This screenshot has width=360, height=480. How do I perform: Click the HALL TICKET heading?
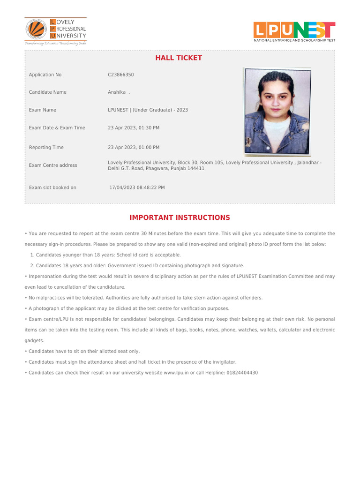[x=179, y=58]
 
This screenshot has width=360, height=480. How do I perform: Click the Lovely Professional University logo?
[x=56, y=31]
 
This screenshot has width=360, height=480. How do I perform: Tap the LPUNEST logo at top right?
[x=294, y=31]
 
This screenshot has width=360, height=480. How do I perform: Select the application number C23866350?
[x=121, y=75]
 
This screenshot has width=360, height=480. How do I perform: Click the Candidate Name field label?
[x=47, y=92]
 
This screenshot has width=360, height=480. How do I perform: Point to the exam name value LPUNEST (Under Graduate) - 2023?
[x=148, y=110]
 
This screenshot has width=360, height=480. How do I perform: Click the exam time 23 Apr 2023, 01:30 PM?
[x=134, y=127]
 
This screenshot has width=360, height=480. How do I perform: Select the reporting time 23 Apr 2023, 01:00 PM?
[x=134, y=147]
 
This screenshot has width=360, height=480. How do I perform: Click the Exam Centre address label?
[x=53, y=165]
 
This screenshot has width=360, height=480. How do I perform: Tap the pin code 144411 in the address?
[x=196, y=168]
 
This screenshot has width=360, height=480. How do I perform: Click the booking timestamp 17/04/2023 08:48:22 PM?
[x=137, y=187]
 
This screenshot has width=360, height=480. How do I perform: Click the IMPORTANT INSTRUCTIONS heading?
[x=180, y=217]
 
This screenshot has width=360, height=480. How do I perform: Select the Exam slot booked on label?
[x=52, y=187]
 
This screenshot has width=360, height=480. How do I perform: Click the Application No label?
[x=45, y=75]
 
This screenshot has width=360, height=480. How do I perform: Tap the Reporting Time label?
[x=46, y=147]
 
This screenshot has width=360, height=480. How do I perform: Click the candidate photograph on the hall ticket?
[x=277, y=112]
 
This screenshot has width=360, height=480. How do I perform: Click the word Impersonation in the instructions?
[x=45, y=277]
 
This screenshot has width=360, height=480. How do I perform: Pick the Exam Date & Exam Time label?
[x=57, y=127]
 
